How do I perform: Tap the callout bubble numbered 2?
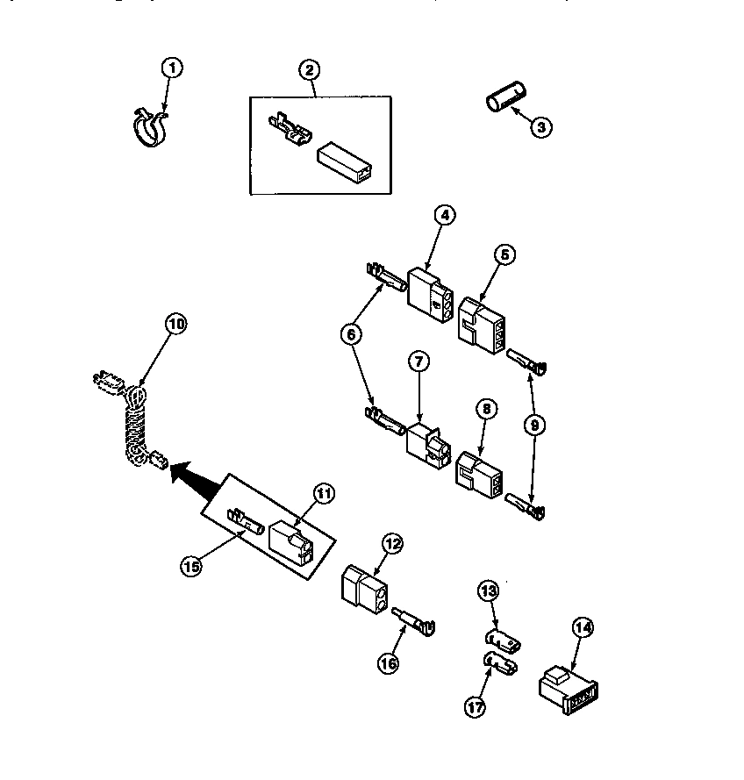click(x=308, y=70)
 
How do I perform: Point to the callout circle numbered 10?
click(x=176, y=324)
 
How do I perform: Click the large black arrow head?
click(x=183, y=474)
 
